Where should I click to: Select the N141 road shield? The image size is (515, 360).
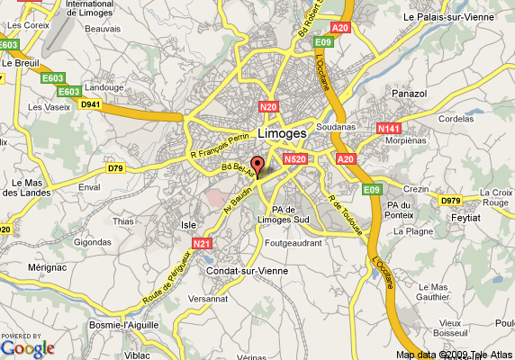coord(388,130)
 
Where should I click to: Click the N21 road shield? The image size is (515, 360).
coord(202,243)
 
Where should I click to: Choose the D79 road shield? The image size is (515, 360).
coord(115,168)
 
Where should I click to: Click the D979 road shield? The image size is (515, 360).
coord(450,200)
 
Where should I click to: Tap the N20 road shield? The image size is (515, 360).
coord(268,107)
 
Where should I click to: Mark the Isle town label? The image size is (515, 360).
coord(189,224)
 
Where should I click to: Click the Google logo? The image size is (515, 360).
coord(28,347)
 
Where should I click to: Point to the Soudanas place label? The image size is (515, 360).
coord(336,127)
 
